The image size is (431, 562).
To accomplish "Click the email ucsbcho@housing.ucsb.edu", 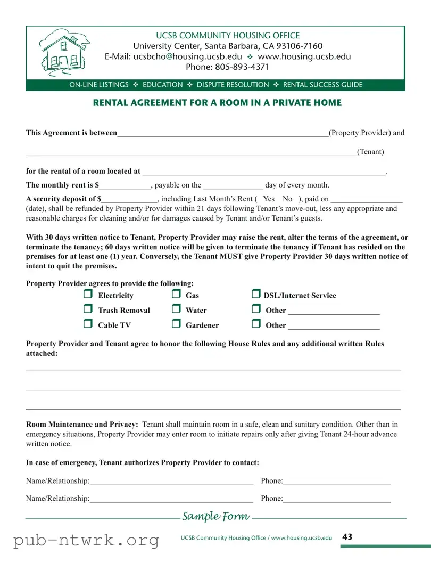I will [x=187, y=56].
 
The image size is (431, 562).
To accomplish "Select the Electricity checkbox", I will [x=88, y=295].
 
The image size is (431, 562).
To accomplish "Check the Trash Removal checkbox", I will [x=88, y=309].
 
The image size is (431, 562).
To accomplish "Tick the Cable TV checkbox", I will [x=88, y=324].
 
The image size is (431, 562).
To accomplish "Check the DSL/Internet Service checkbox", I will [x=255, y=295].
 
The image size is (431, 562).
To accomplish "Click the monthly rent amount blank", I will [x=126, y=186].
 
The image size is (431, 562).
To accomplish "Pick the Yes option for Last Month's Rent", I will [x=269, y=199].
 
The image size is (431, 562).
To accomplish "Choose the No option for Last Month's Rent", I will [x=288, y=199].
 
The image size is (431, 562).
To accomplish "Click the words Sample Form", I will [x=215, y=516].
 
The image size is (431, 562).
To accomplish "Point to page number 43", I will [x=347, y=537].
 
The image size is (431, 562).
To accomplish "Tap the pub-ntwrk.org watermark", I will [x=86, y=540].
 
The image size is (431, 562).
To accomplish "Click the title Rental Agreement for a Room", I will [x=217, y=103].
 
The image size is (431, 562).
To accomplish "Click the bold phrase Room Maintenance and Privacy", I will [x=82, y=425].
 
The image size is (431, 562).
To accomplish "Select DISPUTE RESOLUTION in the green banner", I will [x=233, y=85].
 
